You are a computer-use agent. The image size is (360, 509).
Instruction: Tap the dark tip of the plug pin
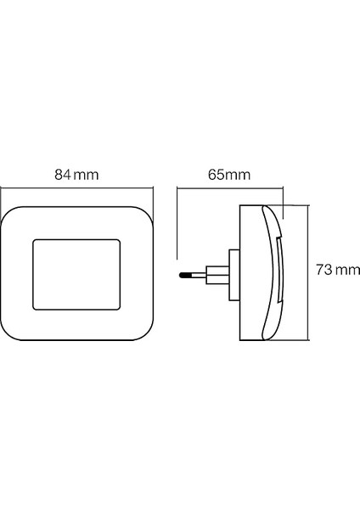point(183,275)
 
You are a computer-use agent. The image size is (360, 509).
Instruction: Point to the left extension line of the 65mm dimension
point(177,221)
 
